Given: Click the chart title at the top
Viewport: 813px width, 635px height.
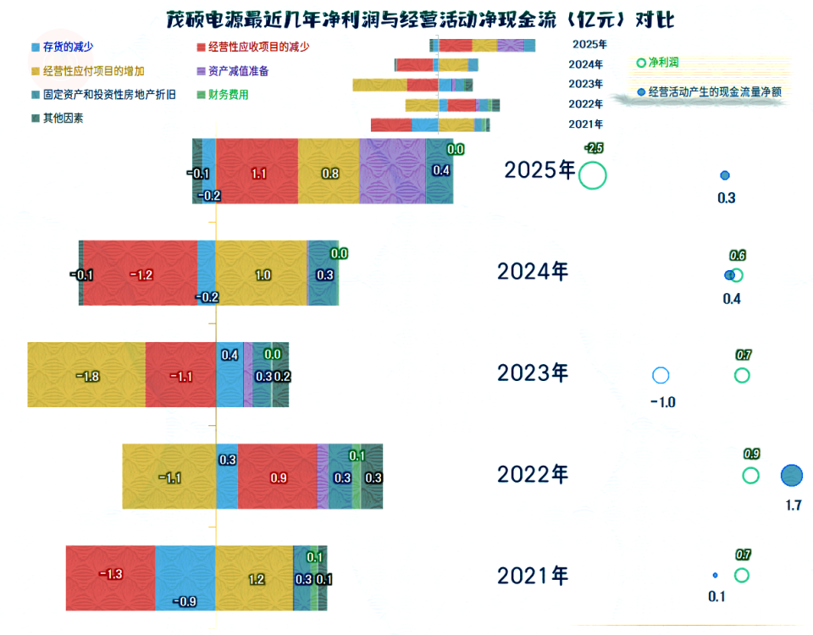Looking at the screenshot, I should (409, 19).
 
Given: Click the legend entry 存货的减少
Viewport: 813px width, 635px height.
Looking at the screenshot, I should (67, 47).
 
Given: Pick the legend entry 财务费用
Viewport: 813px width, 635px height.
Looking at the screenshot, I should (228, 95).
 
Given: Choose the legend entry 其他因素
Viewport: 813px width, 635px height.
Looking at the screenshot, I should (63, 119).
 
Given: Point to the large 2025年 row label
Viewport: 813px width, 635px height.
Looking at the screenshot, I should (539, 170).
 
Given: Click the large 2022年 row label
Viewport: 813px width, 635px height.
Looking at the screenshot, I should (533, 474).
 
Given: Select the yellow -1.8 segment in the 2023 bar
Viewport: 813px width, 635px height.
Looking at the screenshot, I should (86, 375).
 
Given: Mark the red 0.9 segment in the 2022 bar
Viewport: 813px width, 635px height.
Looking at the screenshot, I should (278, 477).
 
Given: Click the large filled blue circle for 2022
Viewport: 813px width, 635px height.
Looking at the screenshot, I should (791, 476).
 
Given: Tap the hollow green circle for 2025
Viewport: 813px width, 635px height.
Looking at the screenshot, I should (593, 175).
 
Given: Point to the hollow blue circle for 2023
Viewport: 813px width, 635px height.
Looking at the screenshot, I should (661, 375).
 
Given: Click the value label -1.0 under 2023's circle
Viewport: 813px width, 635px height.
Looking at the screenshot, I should (662, 402).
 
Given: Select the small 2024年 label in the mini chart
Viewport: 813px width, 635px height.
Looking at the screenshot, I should (586, 64).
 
